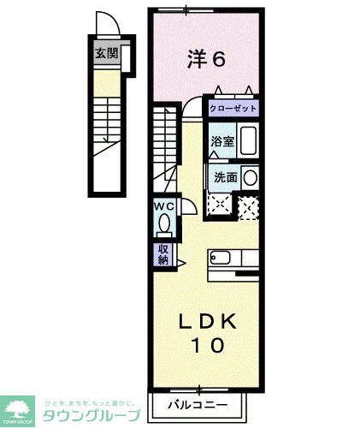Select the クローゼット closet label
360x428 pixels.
233,110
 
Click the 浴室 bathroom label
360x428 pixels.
222,140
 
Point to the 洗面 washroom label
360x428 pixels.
226,178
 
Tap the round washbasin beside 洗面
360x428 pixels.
251,178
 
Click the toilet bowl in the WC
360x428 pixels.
164,224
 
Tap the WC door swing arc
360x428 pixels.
187,206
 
